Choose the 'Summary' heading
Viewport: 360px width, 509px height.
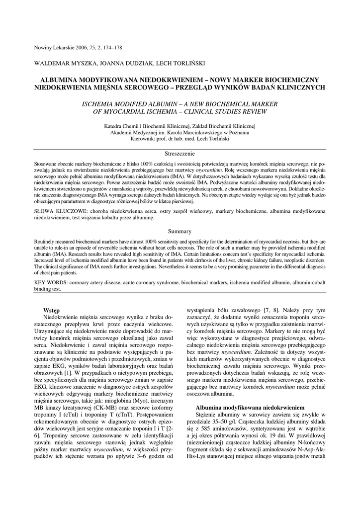coord(180,232)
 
